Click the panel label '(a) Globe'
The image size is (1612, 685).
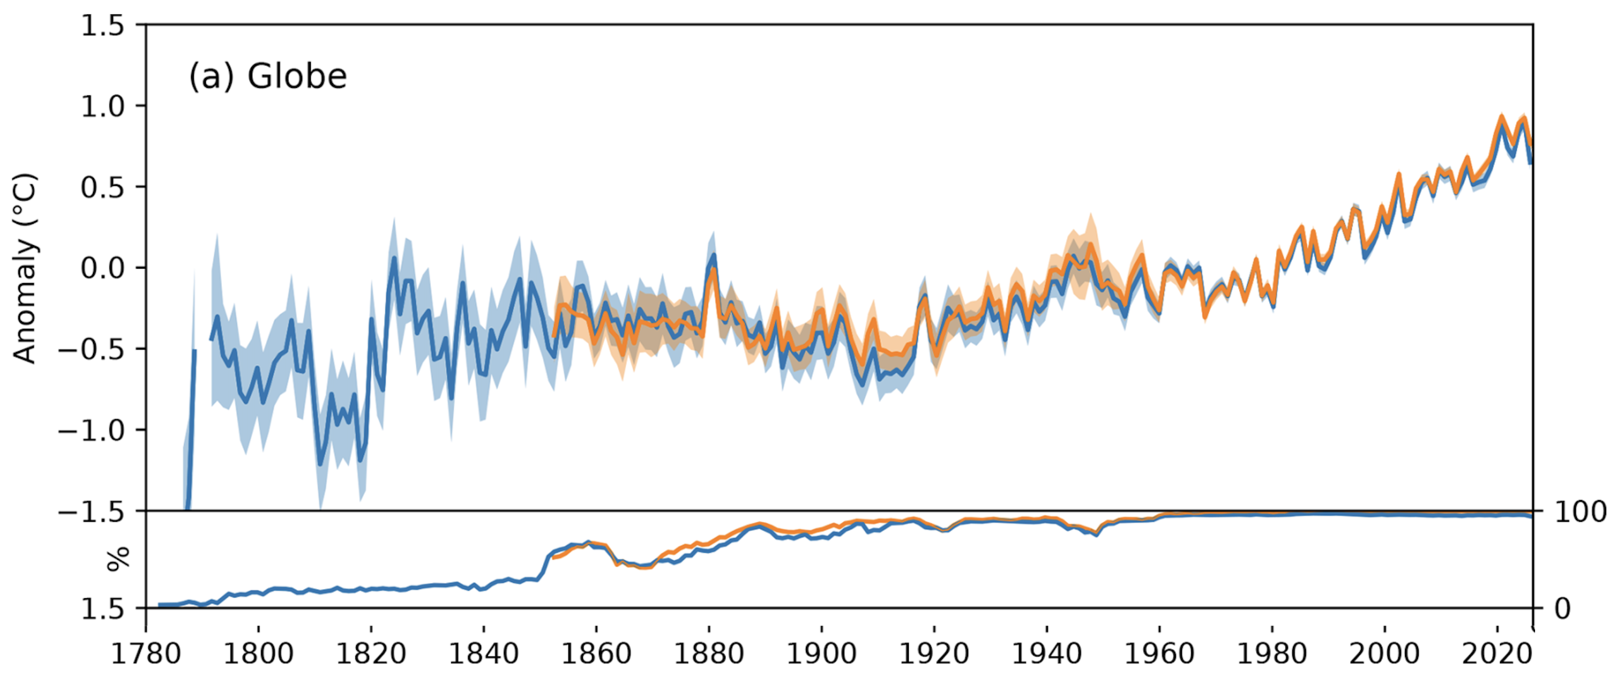tap(268, 77)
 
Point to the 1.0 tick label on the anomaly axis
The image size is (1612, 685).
tap(103, 107)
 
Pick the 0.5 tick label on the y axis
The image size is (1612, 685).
tap(103, 187)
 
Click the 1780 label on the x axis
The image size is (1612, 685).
tap(146, 654)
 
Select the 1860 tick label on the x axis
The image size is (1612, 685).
tap(596, 654)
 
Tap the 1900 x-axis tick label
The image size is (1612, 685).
tap(821, 654)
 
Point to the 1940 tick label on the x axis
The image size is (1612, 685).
tap(1046, 654)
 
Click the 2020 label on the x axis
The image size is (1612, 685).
tap(1496, 654)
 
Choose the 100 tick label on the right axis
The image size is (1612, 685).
tap(1580, 512)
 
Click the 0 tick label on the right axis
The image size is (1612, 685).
tap(1562, 609)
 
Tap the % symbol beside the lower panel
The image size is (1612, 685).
tap(118, 559)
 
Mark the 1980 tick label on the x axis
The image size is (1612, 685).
tap(1271, 654)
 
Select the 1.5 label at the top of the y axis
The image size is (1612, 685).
tap(103, 26)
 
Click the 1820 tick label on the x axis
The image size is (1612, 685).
tap(371, 654)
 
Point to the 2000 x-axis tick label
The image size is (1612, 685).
tap(1384, 654)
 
